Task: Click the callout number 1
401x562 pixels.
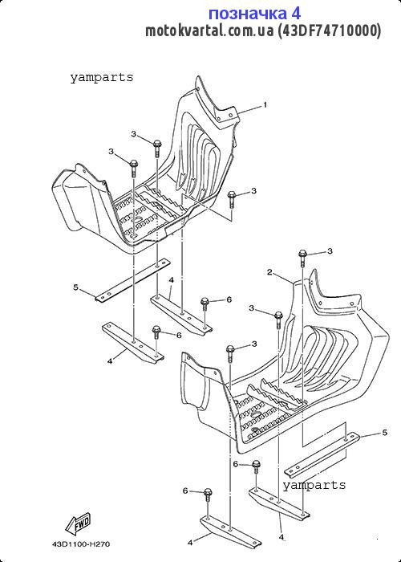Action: tap(265, 105)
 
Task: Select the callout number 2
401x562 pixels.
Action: tap(270, 272)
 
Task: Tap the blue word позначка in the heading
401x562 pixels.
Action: tap(247, 14)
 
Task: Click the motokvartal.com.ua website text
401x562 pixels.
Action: tap(209, 31)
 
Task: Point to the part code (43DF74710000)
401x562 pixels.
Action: tap(330, 31)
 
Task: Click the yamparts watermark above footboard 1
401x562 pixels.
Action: tap(102, 77)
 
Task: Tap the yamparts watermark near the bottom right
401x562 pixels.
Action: tap(314, 485)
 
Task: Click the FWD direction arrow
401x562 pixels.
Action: tap(78, 523)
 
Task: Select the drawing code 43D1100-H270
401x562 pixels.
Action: tap(81, 544)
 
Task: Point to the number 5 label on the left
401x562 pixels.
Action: tap(75, 287)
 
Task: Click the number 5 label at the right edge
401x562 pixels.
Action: tap(384, 433)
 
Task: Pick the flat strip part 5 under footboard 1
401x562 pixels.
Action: tap(132, 279)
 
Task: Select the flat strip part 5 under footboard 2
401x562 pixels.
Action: tap(322, 454)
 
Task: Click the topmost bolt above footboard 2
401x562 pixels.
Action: tap(302, 257)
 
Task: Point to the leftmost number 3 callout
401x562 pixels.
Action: tap(111, 152)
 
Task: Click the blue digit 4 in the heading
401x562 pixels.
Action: tap(295, 14)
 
